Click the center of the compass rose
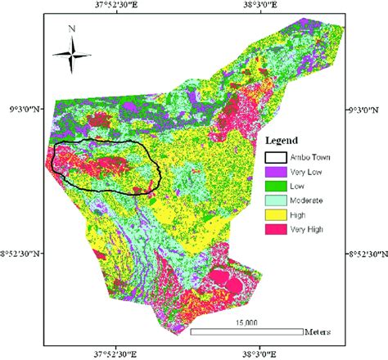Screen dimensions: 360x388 coord(72,55)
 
